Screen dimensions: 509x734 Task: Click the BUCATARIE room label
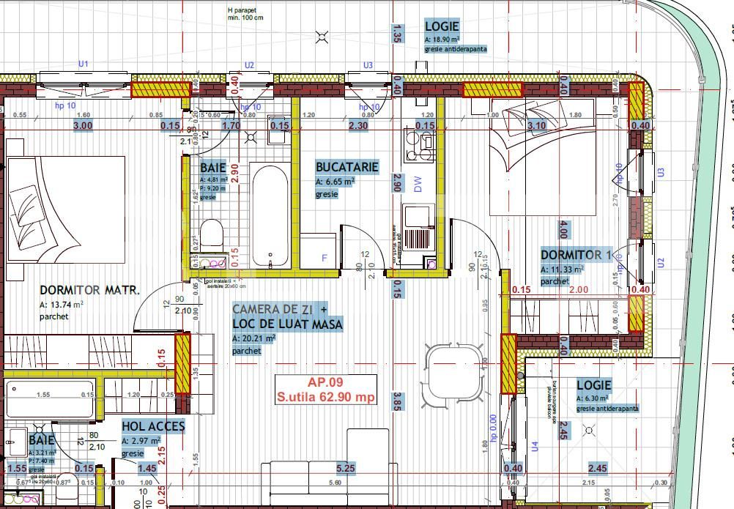click(x=346, y=167)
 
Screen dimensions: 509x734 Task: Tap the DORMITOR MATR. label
click(x=89, y=290)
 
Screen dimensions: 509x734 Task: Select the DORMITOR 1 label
click(x=575, y=255)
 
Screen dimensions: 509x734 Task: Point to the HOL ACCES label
click(x=153, y=426)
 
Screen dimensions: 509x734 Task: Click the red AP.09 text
click(x=325, y=382)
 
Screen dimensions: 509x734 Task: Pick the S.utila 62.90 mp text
click(x=325, y=398)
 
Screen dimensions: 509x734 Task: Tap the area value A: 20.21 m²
click(x=253, y=338)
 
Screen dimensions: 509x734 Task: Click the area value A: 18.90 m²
click(x=442, y=39)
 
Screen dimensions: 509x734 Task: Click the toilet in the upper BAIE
click(x=211, y=234)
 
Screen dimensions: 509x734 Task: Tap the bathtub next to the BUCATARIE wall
click(x=271, y=216)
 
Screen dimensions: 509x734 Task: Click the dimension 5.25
click(x=346, y=468)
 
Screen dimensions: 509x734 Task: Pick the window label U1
click(x=84, y=64)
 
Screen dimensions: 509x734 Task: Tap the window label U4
click(x=534, y=445)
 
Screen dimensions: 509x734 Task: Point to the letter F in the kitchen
click(x=325, y=258)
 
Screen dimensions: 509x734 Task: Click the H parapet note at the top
click(x=245, y=14)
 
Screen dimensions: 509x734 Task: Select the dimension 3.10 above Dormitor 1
click(x=536, y=126)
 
